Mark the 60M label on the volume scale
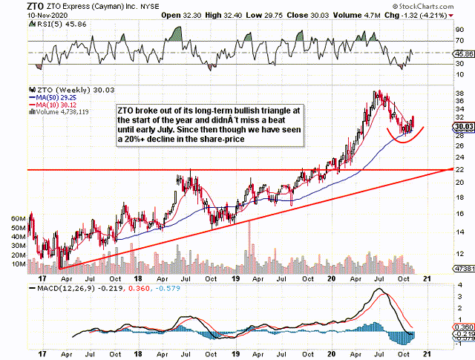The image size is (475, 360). tap(17, 219)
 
